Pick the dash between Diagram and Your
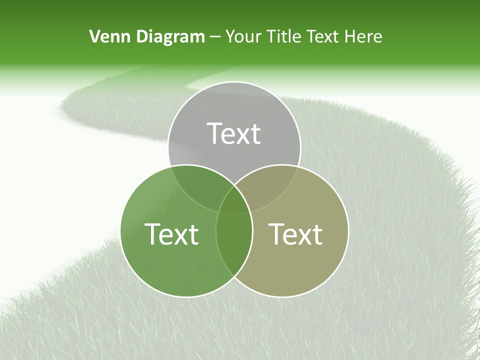215,37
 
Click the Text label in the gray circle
234,133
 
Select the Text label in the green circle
171,233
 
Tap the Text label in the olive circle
295,233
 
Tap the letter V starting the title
94,36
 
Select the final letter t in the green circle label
193,234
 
